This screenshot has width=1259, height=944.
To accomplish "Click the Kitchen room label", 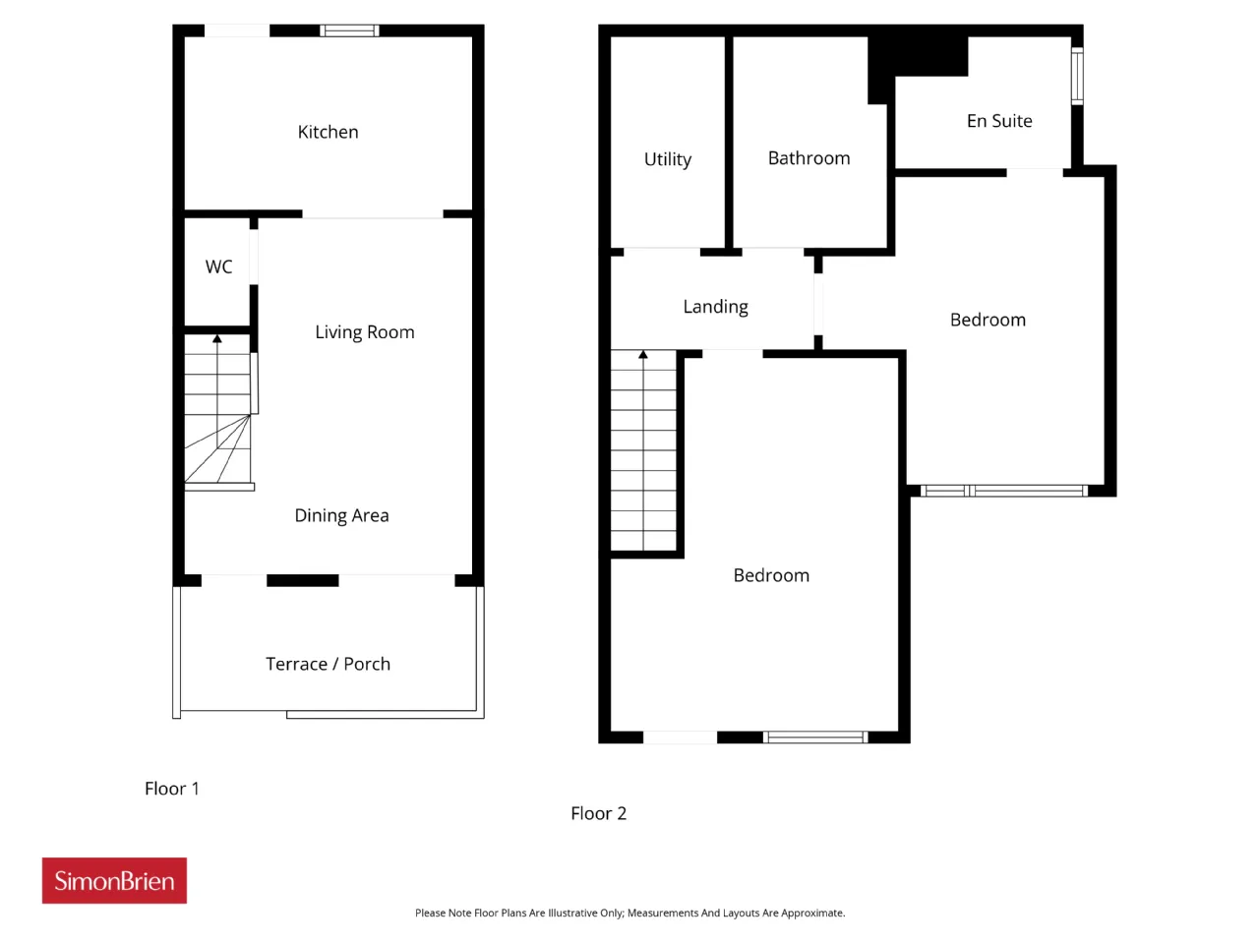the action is pyautogui.click(x=328, y=132).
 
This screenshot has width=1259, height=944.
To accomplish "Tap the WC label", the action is pyautogui.click(x=218, y=266).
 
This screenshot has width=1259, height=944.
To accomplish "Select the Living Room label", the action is pyautogui.click(x=364, y=332).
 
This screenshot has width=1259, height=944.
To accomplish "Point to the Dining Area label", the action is pyautogui.click(x=341, y=516).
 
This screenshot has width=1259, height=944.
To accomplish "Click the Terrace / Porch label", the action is pyautogui.click(x=328, y=664).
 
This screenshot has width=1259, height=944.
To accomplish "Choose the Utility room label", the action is pyautogui.click(x=667, y=159).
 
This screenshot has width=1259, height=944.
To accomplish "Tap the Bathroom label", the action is pyautogui.click(x=809, y=158).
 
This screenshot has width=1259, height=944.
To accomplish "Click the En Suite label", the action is pyautogui.click(x=998, y=121).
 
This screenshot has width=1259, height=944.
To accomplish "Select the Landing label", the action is pyautogui.click(x=715, y=307).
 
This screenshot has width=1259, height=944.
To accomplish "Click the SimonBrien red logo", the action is pyautogui.click(x=114, y=880).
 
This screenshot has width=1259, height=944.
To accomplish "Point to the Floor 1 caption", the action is pyautogui.click(x=171, y=789).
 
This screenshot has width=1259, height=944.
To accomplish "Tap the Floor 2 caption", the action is pyautogui.click(x=598, y=813).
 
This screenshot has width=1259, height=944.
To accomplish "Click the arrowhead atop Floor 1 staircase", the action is pyautogui.click(x=216, y=339).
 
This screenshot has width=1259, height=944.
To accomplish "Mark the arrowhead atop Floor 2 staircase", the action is pyautogui.click(x=643, y=355).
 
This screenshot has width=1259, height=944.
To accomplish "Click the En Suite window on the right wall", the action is pyautogui.click(x=1077, y=77).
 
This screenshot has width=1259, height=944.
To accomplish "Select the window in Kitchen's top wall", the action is pyautogui.click(x=349, y=30).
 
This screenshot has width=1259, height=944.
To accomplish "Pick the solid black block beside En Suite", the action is pyautogui.click(x=917, y=57).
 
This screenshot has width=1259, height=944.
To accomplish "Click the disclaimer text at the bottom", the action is pyautogui.click(x=629, y=914).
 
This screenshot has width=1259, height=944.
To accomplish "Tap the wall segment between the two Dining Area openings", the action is pyautogui.click(x=302, y=580).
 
